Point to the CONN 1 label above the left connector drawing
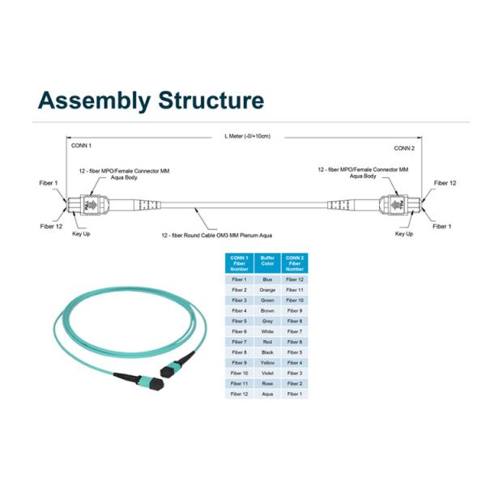click(x=81, y=147)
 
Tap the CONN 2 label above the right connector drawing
click(x=404, y=149)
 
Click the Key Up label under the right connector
click(x=403, y=234)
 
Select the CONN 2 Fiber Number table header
click(x=295, y=263)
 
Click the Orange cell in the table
click(x=267, y=290)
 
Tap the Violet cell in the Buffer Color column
click(x=267, y=373)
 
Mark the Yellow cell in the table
click(x=267, y=362)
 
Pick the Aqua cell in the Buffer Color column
click(x=267, y=394)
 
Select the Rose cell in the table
click(x=267, y=383)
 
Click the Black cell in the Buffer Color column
click(x=267, y=352)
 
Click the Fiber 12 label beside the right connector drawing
click(x=445, y=183)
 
